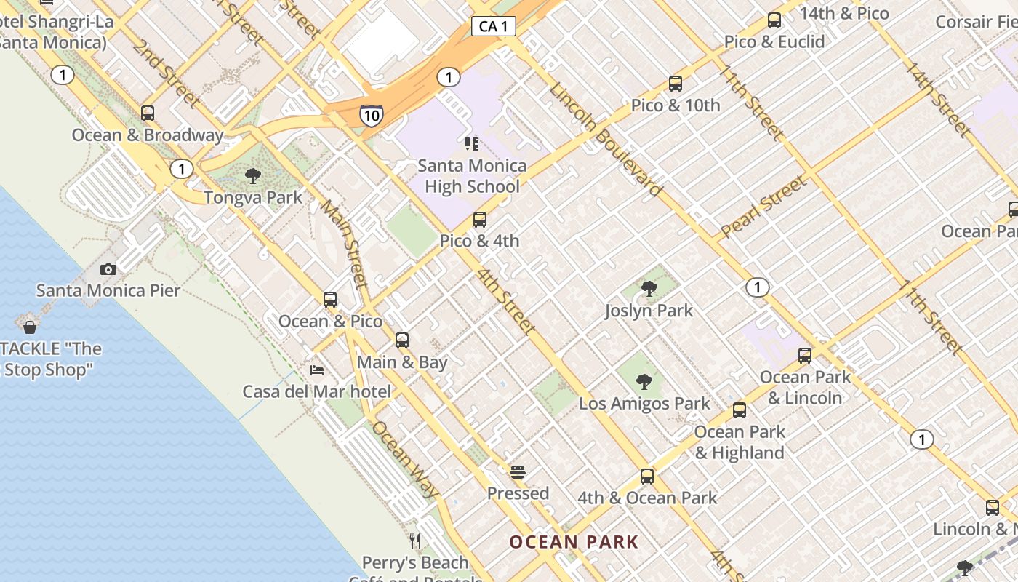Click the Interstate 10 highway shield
[371, 115]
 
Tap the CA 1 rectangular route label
[494, 27]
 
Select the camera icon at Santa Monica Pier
[108, 270]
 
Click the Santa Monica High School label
[472, 176]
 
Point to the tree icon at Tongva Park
[253, 175]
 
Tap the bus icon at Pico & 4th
[479, 219]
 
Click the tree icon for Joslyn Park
[649, 289]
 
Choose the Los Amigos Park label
[644, 403]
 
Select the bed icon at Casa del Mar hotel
[317, 370]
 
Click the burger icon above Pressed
[518, 472]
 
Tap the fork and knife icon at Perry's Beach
[415, 541]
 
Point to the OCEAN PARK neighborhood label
[574, 542]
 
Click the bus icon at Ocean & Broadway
[148, 113]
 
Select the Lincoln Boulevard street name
[606, 140]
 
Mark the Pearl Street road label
[763, 207]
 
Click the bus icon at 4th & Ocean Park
[647, 477]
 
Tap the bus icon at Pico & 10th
[676, 84]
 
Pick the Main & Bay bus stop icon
[402, 340]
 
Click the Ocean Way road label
[405, 459]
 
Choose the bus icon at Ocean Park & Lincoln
[805, 356]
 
